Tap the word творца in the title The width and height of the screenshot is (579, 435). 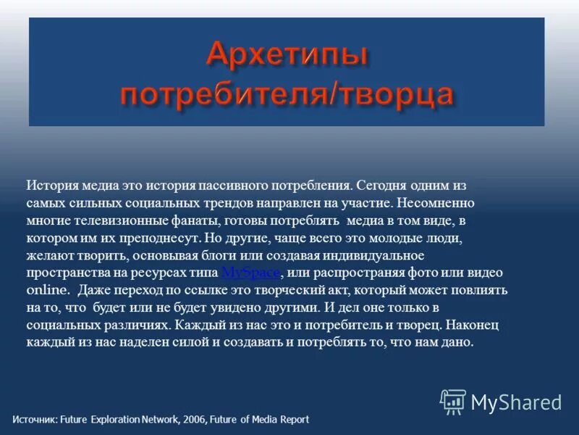coord(396,95)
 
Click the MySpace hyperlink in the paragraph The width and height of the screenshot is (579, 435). coord(250,273)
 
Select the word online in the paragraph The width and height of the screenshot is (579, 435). coord(48,289)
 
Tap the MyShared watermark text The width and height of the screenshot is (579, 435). coord(516,402)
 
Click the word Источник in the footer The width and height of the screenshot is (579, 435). coord(34,419)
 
